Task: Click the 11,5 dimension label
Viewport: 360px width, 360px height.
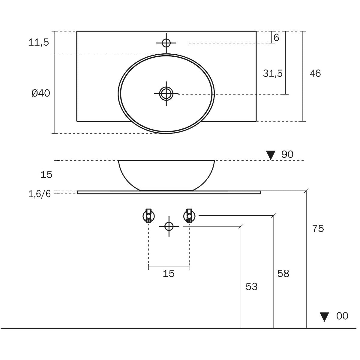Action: tap(38, 43)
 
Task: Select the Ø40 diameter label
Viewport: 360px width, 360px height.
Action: tap(41, 94)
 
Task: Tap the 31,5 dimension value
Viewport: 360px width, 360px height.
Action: tap(273, 73)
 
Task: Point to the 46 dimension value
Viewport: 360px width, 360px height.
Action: tap(315, 73)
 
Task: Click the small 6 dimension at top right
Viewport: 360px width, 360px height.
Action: tap(276, 38)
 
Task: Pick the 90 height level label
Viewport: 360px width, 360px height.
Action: tap(287, 154)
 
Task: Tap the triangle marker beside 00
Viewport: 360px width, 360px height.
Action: tap(324, 317)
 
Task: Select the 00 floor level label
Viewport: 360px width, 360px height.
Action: tap(342, 316)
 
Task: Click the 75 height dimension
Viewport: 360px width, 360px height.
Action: tap(318, 229)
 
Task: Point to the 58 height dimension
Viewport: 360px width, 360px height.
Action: tap(283, 274)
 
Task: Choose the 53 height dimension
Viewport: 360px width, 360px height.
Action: tap(251, 287)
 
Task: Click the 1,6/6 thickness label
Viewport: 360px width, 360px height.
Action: tap(40, 194)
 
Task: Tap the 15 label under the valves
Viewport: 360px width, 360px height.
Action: tap(169, 274)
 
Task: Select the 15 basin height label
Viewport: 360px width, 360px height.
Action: tap(46, 175)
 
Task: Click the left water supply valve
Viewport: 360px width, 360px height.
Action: tap(148, 215)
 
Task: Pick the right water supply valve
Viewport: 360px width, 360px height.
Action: tap(189, 215)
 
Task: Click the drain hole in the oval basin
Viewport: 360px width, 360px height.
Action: tap(166, 94)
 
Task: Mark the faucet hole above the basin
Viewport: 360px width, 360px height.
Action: tap(166, 43)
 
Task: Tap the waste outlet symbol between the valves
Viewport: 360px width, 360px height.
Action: tap(169, 226)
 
